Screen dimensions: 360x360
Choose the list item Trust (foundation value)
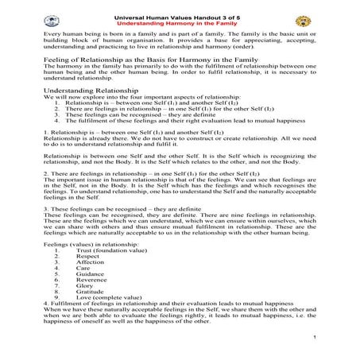(110, 250)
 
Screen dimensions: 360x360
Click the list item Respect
(87, 257)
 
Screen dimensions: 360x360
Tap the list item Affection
(90, 263)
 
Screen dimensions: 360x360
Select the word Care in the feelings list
(83, 270)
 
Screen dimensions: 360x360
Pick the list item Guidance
(90, 277)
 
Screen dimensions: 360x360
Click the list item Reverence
(92, 284)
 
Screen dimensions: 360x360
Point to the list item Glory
(84, 291)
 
